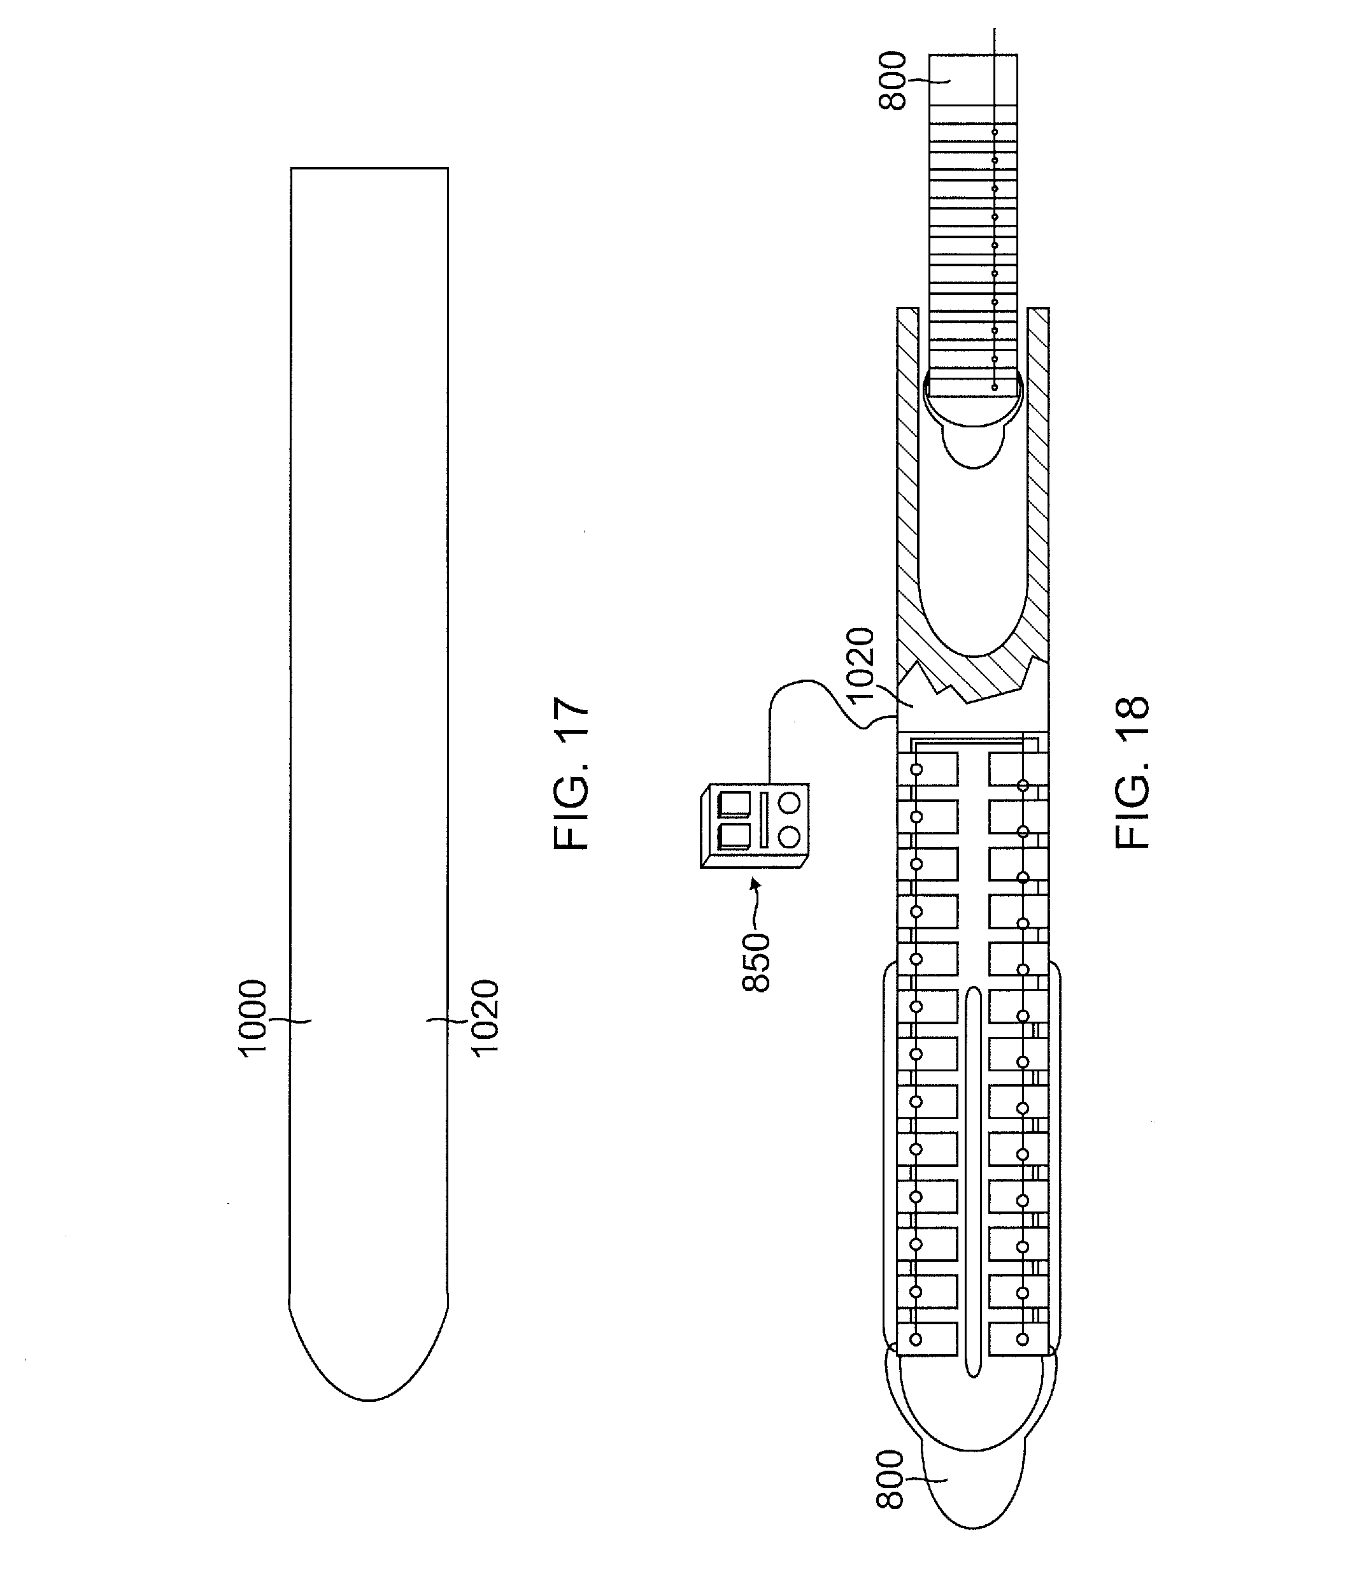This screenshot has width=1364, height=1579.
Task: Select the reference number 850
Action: tap(757, 962)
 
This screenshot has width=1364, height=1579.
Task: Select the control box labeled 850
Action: tap(755, 826)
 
